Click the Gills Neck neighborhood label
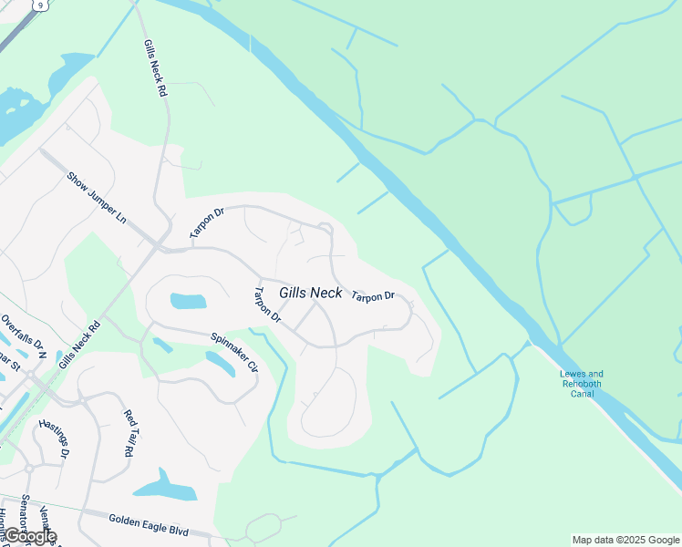(311, 293)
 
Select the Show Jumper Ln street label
(96, 197)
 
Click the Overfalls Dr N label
(24, 334)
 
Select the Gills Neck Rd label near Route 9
(154, 68)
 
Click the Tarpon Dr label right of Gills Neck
(373, 296)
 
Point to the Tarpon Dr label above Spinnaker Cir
(267, 306)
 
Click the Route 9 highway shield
(38, 5)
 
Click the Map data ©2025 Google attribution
(625, 540)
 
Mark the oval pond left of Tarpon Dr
(188, 301)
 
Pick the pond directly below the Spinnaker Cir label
(222, 364)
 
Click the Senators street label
(25, 515)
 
